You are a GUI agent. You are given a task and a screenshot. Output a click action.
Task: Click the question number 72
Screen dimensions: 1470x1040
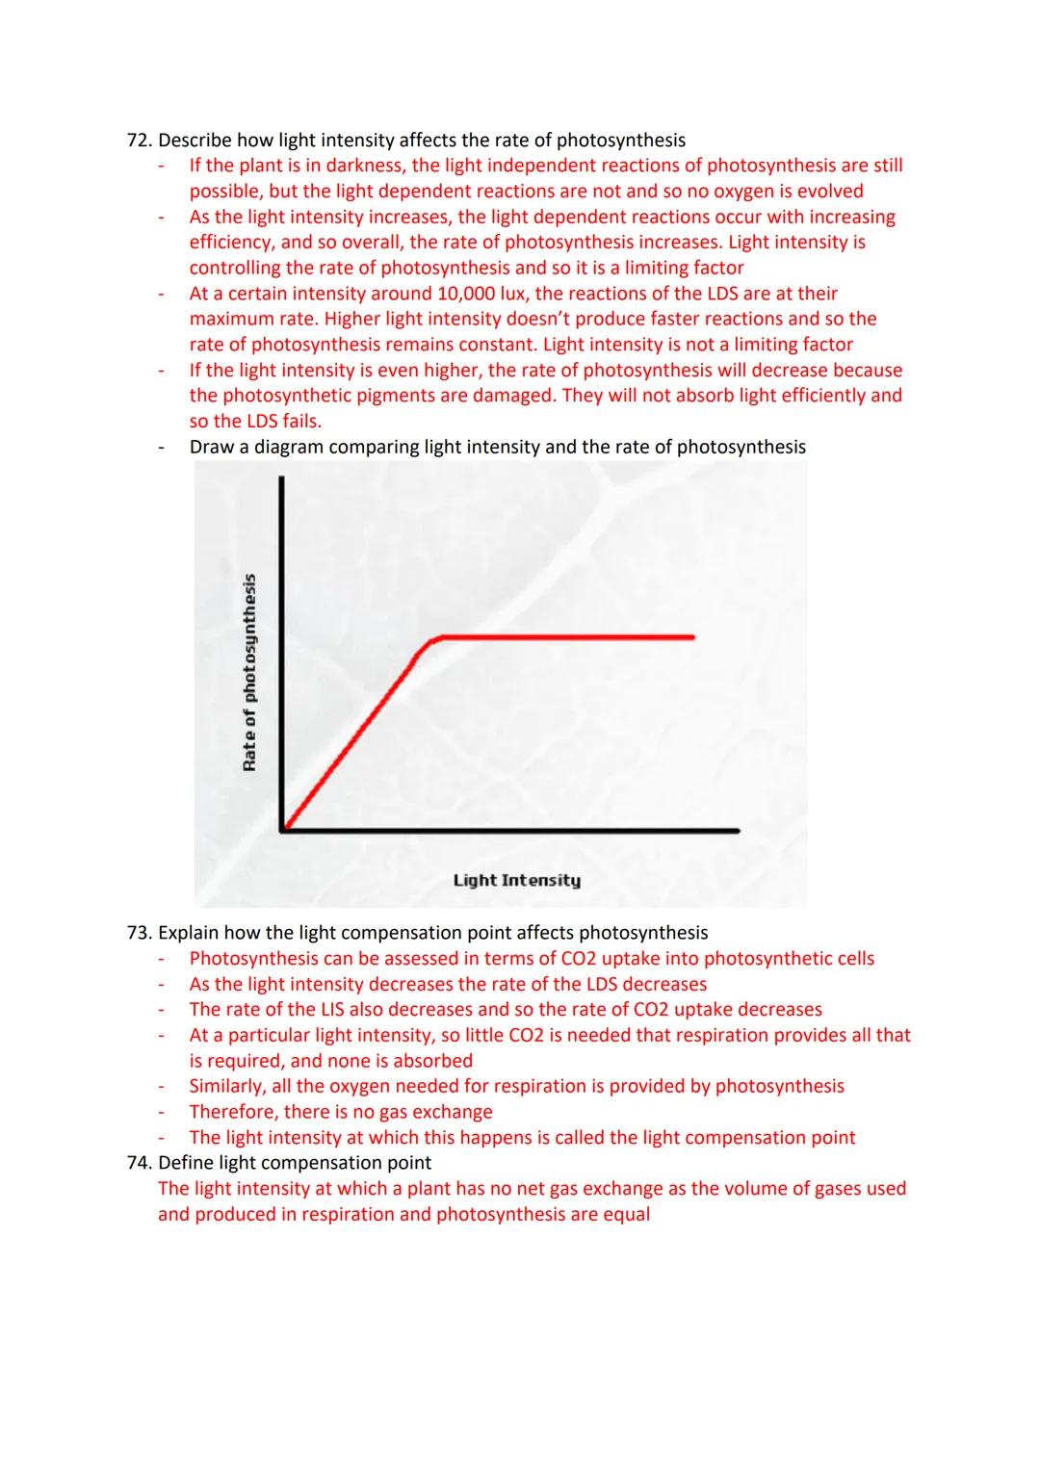[140, 141]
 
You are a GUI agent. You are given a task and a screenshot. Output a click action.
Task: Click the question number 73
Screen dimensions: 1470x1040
[140, 933]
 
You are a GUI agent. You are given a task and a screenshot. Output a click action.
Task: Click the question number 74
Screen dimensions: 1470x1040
[140, 1163]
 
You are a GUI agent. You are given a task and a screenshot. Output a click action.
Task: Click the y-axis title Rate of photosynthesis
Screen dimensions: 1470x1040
[249, 672]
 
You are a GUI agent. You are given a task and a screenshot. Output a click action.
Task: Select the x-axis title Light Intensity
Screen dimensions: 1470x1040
[517, 880]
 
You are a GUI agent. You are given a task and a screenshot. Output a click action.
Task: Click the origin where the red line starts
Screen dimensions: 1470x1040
[283, 828]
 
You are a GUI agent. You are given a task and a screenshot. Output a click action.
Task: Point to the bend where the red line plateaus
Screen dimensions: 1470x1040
[430, 639]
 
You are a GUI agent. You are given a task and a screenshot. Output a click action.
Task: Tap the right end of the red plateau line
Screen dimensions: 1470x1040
[692, 637]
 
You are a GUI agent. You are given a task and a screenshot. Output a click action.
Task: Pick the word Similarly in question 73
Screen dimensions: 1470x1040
[228, 1086]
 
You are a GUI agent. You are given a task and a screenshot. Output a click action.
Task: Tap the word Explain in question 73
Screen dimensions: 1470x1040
[190, 933]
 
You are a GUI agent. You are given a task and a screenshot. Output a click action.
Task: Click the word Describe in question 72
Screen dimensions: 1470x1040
[195, 141]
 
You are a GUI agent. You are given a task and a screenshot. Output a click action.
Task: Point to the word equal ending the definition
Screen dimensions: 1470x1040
[626, 1214]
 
